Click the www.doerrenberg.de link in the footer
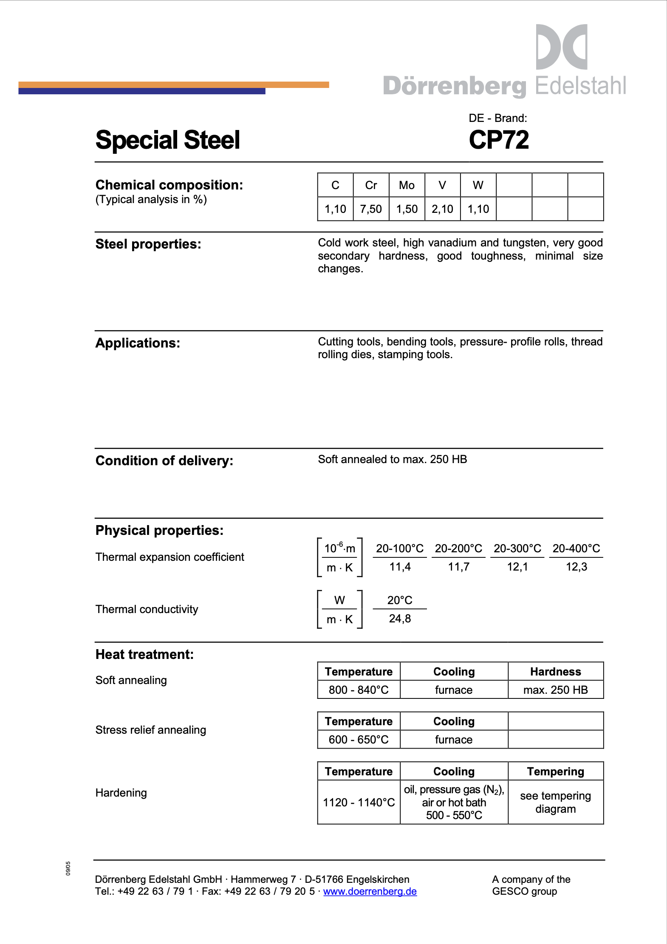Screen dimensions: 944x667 coord(370,891)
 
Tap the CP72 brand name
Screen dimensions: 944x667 coord(499,140)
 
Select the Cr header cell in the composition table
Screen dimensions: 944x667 coord(371,185)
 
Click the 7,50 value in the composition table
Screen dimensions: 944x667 coord(371,209)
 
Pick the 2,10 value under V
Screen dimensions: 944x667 coord(442,209)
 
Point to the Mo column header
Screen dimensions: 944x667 coord(407,185)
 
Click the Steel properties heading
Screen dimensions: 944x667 coord(148,244)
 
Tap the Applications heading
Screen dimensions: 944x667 coord(138,343)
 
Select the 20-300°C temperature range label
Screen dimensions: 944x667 coord(517,548)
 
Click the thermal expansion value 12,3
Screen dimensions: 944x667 coord(576,567)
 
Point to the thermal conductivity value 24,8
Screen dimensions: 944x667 coord(400,619)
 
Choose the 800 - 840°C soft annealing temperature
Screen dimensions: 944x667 coord(359,690)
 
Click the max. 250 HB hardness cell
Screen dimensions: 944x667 coord(555,690)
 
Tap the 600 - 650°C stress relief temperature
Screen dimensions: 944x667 coord(359,740)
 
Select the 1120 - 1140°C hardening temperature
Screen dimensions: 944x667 coord(359,803)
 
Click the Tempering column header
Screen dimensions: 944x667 coord(555,772)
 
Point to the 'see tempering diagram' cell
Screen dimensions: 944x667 coord(555,803)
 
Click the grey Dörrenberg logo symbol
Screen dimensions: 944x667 coord(561,47)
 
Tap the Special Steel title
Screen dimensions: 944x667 coord(168,140)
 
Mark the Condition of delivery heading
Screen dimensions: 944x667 coord(164,461)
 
